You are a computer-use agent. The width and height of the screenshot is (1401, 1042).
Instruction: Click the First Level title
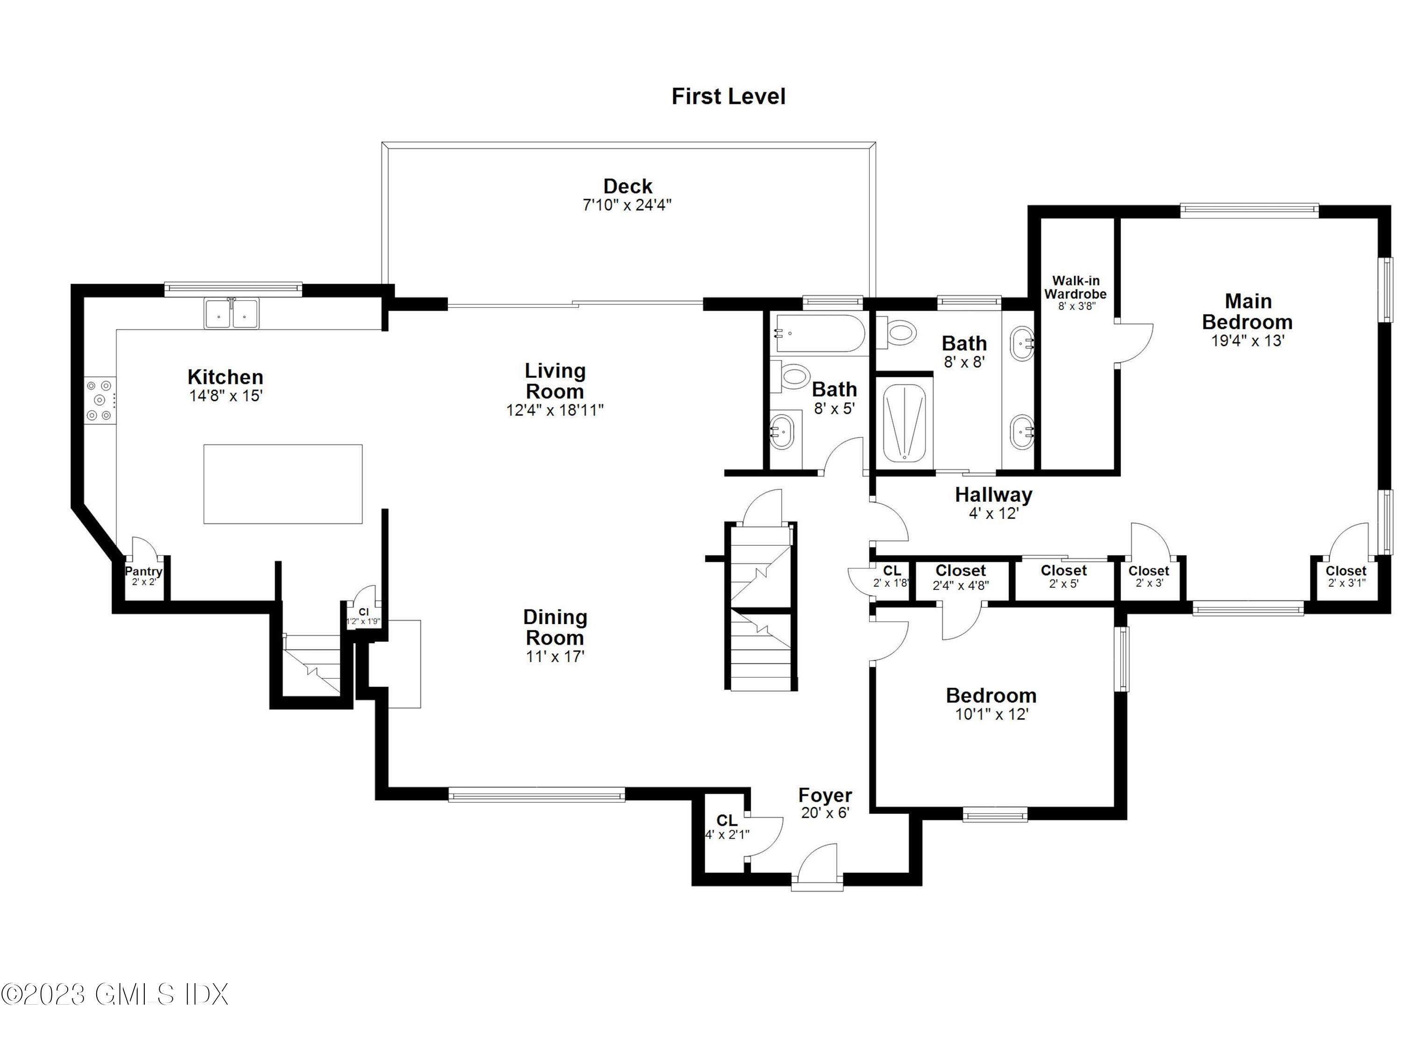click(x=728, y=97)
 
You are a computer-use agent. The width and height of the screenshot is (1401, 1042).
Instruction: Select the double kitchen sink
click(x=231, y=313)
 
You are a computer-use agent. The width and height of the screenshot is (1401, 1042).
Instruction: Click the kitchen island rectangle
click(x=283, y=484)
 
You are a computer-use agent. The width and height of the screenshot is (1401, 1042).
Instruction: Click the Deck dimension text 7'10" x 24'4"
click(x=627, y=205)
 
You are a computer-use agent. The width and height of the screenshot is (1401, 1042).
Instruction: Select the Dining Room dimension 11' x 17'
click(x=555, y=657)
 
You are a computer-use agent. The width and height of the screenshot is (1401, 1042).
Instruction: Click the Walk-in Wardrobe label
click(x=1075, y=288)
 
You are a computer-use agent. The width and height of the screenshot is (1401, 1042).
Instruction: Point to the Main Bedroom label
click(x=1247, y=312)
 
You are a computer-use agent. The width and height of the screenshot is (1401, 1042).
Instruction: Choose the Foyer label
click(x=825, y=795)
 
